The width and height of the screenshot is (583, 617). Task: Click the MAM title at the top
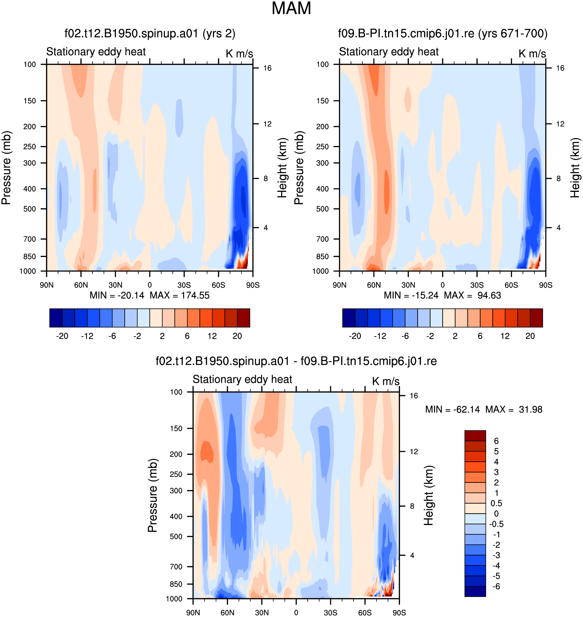click(291, 9)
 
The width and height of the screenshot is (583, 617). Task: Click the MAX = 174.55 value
click(180, 295)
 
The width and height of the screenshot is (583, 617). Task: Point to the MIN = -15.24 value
click(411, 295)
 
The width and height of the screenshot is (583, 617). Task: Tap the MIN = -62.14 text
click(452, 409)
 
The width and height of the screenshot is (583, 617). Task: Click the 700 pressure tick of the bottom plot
click(176, 567)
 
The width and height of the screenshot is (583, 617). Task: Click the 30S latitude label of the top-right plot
click(477, 285)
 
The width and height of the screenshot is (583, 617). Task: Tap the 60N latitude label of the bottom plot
click(228, 613)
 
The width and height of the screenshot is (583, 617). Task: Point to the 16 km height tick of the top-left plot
click(267, 68)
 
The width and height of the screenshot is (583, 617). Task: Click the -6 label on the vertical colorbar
click(496, 587)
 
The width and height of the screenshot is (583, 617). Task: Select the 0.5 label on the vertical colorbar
click(496, 503)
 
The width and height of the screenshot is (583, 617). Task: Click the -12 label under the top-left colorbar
click(87, 336)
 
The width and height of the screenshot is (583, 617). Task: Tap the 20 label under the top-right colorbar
click(530, 336)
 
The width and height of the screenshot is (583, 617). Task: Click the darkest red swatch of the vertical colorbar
click(475, 436)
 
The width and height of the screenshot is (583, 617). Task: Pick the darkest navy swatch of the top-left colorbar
click(56, 318)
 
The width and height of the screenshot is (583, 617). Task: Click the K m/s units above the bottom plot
click(386, 381)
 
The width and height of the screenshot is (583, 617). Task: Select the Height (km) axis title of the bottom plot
click(428, 495)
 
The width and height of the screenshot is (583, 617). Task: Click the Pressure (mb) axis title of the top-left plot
click(6, 168)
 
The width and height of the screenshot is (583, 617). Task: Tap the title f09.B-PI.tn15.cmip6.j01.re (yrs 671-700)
click(443, 33)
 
